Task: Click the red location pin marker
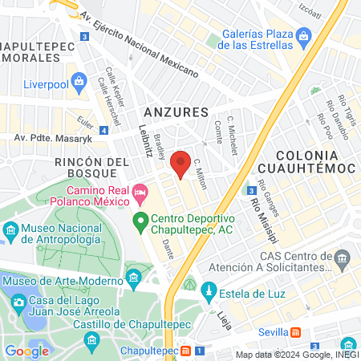point(182,162)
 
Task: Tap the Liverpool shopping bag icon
point(79,80)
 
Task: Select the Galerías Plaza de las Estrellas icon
point(303,36)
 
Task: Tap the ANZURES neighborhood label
point(174,112)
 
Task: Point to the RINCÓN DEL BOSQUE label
point(91,168)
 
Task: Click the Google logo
point(27,351)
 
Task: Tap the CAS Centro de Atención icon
point(343,258)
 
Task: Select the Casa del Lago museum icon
point(18,300)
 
